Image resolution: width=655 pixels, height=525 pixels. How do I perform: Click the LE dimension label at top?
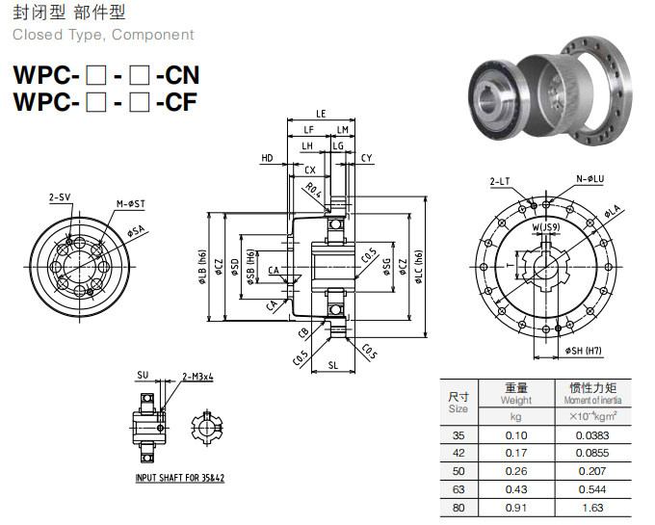coord(320,114)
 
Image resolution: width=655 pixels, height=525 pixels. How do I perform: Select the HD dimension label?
coord(267,157)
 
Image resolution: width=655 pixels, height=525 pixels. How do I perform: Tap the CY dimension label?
coord(367,157)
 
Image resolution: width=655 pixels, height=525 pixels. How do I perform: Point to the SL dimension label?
coord(332,365)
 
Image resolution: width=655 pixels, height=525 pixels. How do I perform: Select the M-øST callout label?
coord(130,204)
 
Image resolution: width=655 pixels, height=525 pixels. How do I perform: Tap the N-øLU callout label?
coord(589,179)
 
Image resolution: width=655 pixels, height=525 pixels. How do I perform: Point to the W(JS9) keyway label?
coord(547,227)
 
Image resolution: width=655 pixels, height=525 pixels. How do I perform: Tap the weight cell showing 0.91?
coord(515,507)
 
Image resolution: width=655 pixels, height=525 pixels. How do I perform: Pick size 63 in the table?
coord(458,489)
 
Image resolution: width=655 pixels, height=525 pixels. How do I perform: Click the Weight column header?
coord(516,400)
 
